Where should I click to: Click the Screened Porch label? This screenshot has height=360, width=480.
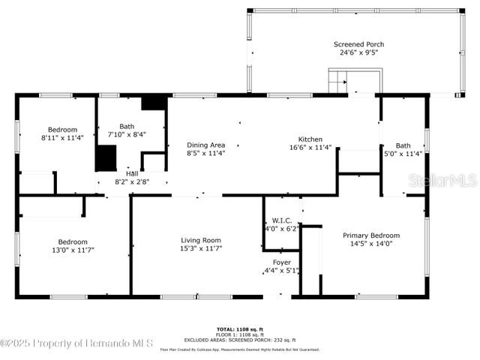(x=358, y=44)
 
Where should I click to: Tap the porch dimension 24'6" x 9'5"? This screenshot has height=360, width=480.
(x=358, y=53)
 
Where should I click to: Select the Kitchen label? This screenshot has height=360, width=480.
(x=310, y=139)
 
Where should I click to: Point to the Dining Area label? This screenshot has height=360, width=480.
(x=205, y=145)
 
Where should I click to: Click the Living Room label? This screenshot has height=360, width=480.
(x=201, y=240)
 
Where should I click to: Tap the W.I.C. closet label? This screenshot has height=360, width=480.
(x=282, y=220)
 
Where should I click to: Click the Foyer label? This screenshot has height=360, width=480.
(x=281, y=262)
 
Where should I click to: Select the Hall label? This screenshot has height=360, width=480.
(x=131, y=173)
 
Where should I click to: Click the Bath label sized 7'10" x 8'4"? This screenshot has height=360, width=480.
(x=127, y=127)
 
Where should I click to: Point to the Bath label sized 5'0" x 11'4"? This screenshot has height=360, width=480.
(x=403, y=145)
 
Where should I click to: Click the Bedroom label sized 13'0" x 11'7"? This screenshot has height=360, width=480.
(x=73, y=241)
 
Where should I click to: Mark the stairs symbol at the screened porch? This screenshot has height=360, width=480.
(x=338, y=81)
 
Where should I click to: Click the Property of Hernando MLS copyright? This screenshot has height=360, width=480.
(x=76, y=343)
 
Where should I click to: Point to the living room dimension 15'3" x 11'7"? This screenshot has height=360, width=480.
(x=201, y=248)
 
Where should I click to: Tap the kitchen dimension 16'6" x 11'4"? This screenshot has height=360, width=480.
(x=310, y=148)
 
